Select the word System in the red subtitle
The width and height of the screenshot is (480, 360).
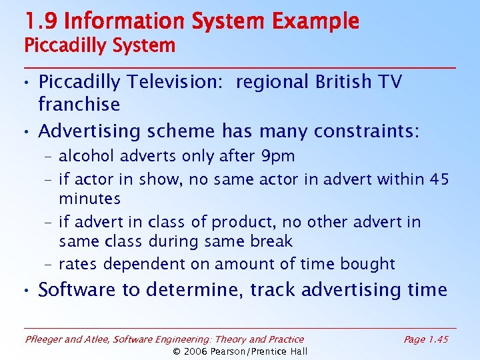coord(143,46)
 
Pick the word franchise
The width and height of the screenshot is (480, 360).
coord(79,104)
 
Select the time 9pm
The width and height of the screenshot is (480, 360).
coord(278,156)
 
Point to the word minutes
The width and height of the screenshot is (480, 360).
coord(89,199)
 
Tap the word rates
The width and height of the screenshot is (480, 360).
coord(81,264)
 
